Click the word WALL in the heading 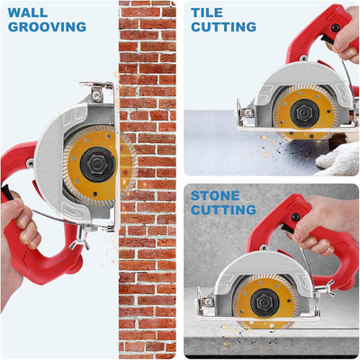pyautogui.click(x=28, y=13)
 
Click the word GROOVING pyautogui.click(x=47, y=27)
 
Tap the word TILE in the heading pyautogui.click(x=207, y=13)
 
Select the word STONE pyautogui.click(x=215, y=196)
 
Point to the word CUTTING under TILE pyautogui.click(x=223, y=27)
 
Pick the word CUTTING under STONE pyautogui.click(x=223, y=210)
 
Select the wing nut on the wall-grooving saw pyautogui.click(x=79, y=238)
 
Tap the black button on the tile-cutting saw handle pyautogui.click(x=336, y=28)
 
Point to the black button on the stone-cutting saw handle pyautogui.click(x=296, y=217)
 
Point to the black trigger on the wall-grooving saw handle pyautogui.click(x=7, y=192)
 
